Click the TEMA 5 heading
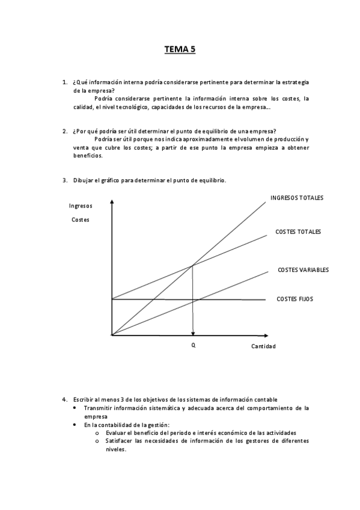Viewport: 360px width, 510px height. (180, 51)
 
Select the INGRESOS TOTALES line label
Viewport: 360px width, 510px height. (297, 197)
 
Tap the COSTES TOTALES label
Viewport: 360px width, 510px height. (298, 232)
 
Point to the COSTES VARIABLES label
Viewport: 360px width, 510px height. (303, 270)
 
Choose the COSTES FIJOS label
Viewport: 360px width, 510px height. (294, 299)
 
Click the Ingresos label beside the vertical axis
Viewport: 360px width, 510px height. (81, 206)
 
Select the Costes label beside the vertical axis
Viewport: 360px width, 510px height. (80, 220)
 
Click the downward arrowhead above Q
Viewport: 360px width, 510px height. (193, 332)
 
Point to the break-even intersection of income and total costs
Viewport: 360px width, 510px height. (192, 265)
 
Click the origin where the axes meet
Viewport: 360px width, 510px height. (112, 335)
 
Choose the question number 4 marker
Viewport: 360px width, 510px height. (64, 399)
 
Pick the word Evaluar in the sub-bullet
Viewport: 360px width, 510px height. (115, 432)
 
